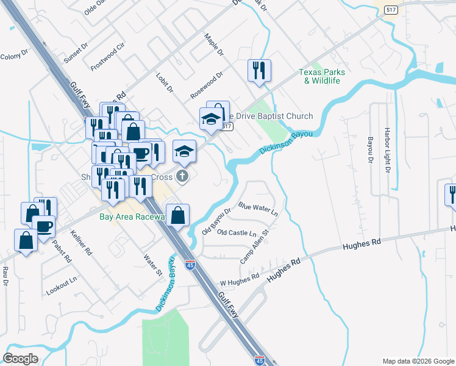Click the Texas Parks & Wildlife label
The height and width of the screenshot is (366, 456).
click(x=321, y=76)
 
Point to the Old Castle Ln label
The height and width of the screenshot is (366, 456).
click(x=237, y=233)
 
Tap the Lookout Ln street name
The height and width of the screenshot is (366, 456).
click(x=62, y=286)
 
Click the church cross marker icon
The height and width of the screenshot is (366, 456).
click(x=182, y=177)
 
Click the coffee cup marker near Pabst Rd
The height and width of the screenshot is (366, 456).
click(x=44, y=226)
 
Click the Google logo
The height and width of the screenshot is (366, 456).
click(x=21, y=358)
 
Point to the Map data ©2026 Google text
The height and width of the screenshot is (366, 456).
click(x=418, y=361)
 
